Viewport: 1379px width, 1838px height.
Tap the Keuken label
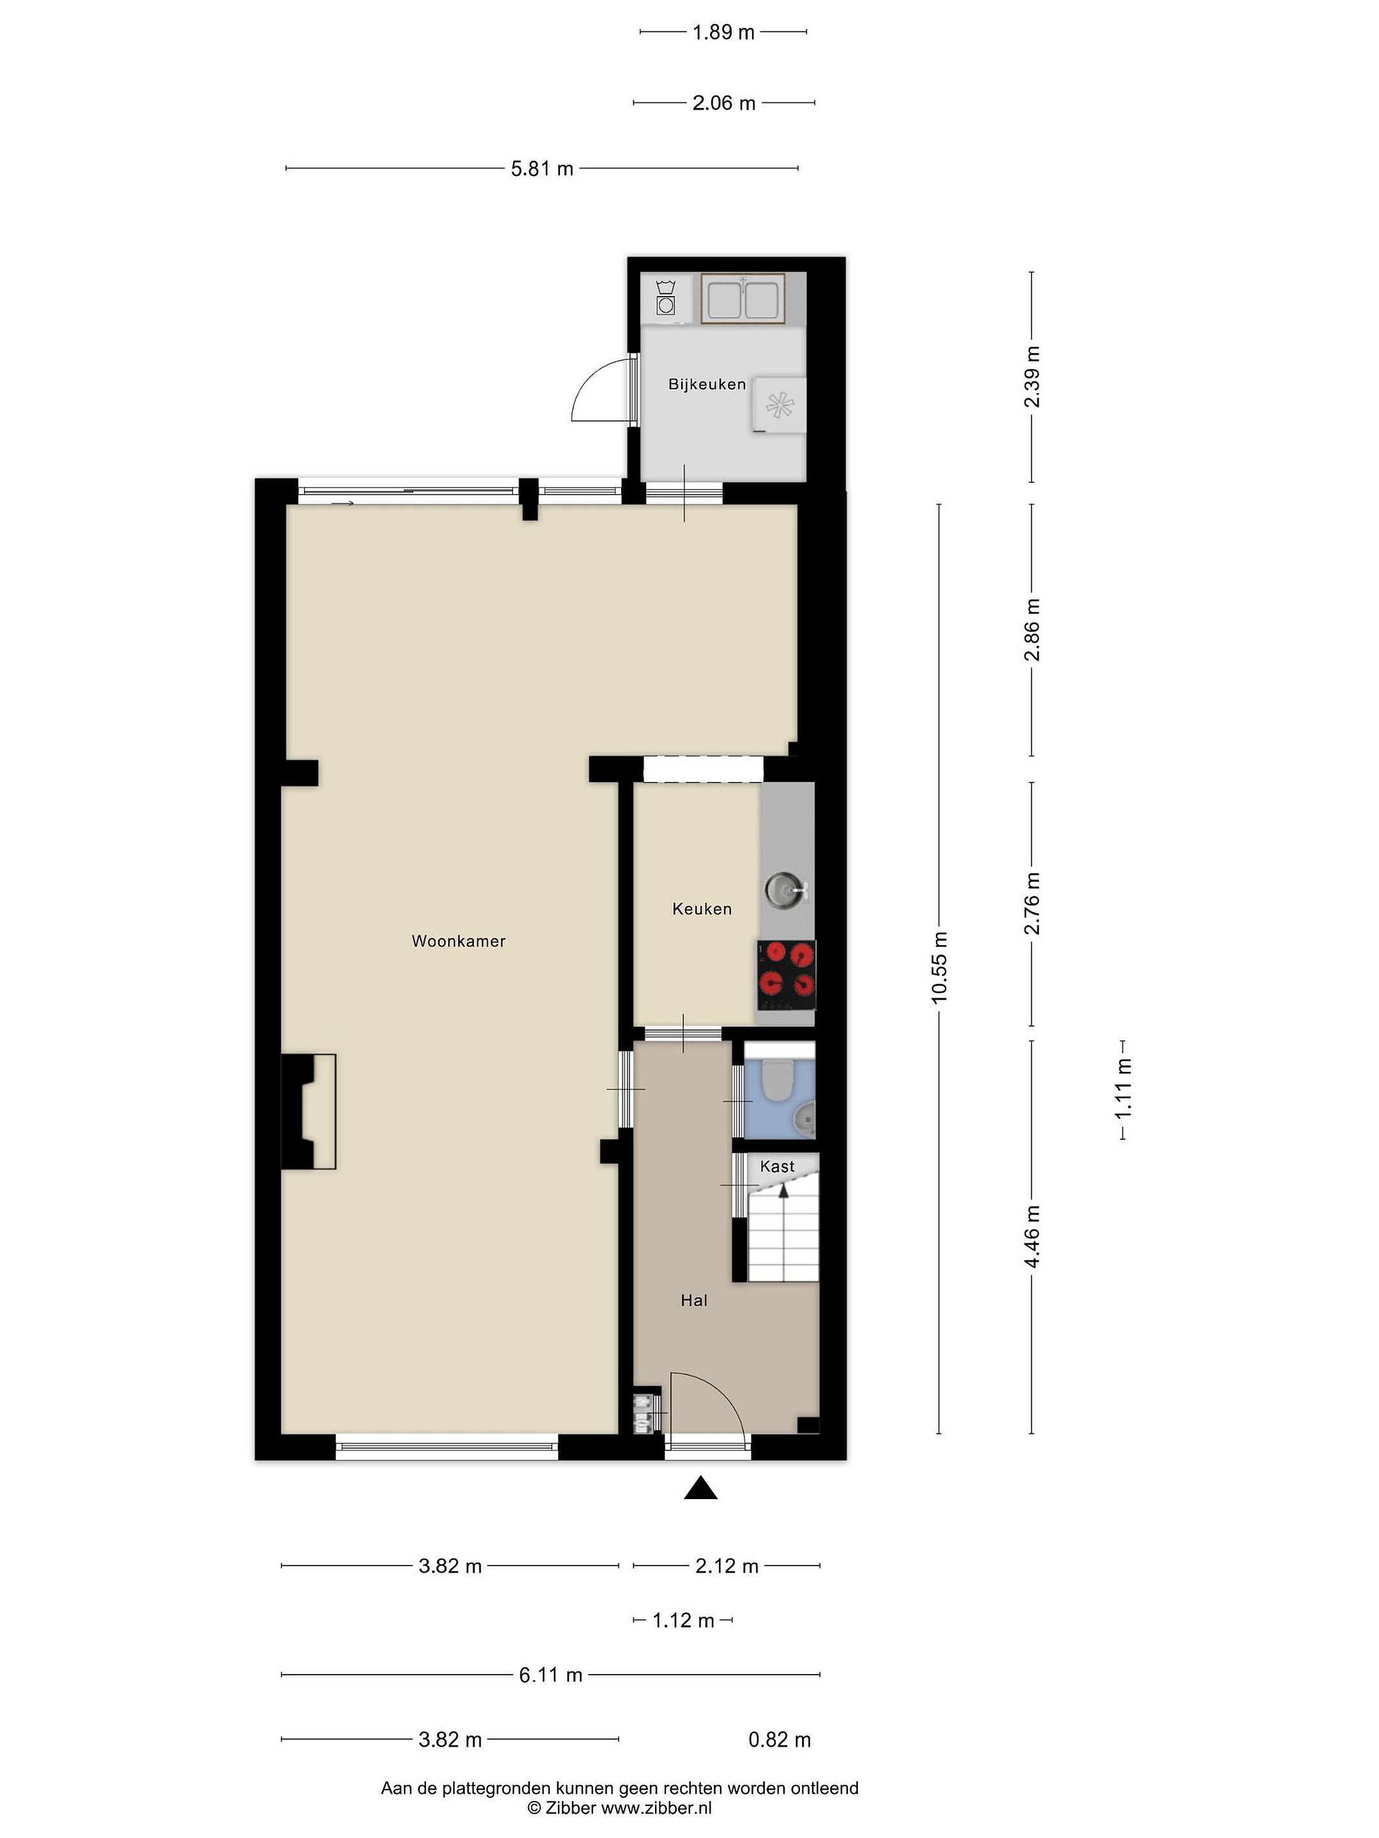pos(702,909)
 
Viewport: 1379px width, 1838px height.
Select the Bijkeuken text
pos(707,384)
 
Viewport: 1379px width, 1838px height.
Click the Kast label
pos(777,1167)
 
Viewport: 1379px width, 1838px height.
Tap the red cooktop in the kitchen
pos(785,976)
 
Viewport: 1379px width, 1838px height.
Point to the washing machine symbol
pos(665,297)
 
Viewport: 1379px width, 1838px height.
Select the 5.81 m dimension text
pos(542,168)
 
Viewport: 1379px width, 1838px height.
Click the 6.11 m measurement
pos(550,1675)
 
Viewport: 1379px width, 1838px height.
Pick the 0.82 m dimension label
pos(780,1739)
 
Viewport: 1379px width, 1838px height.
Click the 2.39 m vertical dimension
pos(1032,377)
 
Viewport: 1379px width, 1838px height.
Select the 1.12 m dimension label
pos(683,1620)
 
